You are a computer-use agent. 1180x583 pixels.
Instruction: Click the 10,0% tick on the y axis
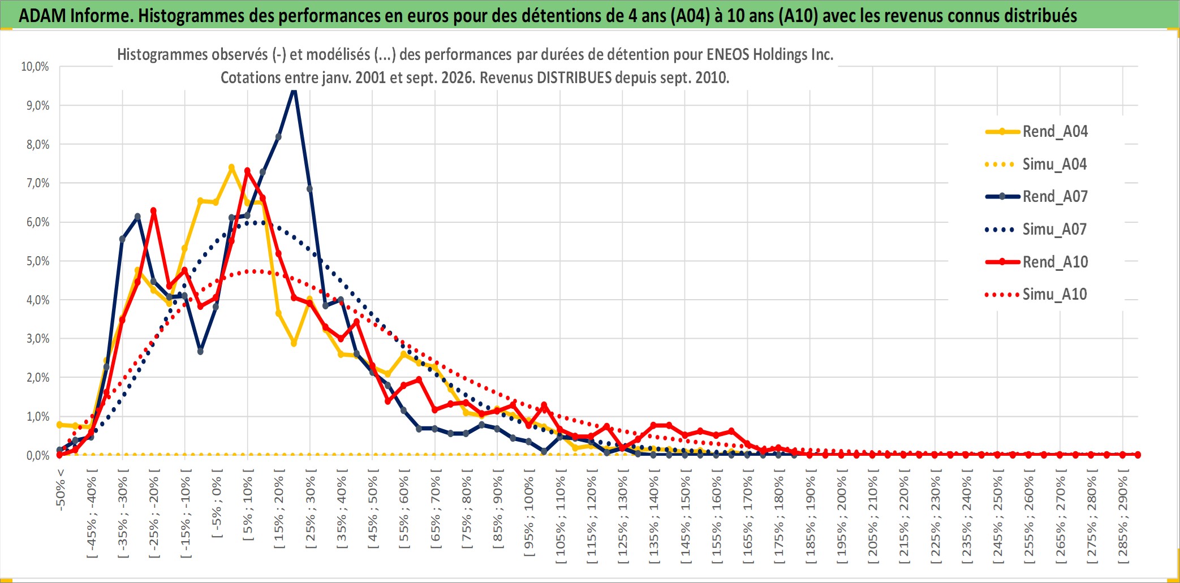tap(35, 67)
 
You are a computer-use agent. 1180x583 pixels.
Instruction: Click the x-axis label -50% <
tap(61, 490)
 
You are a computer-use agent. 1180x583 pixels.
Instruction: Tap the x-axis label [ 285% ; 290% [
tap(1123, 516)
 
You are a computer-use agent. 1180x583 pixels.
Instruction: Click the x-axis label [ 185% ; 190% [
tap(810, 516)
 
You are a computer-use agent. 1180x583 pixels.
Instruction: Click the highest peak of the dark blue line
tap(294, 89)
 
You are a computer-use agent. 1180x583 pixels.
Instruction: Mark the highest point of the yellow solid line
tap(231, 167)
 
